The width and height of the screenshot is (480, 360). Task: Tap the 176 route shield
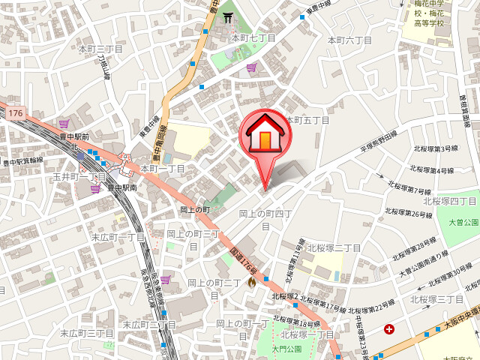[x=16, y=112]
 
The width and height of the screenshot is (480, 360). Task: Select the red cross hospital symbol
[x=389, y=328]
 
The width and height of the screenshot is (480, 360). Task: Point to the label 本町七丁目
[x=253, y=37]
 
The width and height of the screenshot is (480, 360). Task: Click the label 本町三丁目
[x=100, y=49]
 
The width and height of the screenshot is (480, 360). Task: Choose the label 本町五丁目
[x=307, y=120]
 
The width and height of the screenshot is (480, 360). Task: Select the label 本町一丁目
[x=162, y=169]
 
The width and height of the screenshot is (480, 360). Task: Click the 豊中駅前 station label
[x=74, y=137]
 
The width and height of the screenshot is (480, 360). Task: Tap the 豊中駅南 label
[x=121, y=187]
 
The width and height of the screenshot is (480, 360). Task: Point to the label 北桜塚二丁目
[x=334, y=248]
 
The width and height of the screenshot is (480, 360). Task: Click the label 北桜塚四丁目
[x=450, y=201]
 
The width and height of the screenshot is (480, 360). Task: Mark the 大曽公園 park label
[x=463, y=223]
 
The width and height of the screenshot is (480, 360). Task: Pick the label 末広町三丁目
[x=86, y=333]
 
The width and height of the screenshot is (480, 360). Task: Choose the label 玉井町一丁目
[x=79, y=176]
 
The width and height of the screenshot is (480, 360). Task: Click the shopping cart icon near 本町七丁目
[x=251, y=67]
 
